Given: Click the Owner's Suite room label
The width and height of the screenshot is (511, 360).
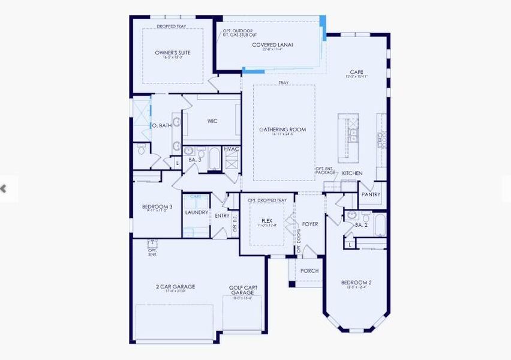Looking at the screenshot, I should point(169,53).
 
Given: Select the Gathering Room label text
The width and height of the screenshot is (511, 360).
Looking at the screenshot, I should point(282,129).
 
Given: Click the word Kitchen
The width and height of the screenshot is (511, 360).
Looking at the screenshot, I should point(352,173).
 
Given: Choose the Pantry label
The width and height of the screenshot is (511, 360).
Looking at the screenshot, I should point(371,194).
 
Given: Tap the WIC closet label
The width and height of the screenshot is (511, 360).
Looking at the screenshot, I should point(212,121).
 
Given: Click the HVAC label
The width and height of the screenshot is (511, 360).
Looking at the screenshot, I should point(232,149).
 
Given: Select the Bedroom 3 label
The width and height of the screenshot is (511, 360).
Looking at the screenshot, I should point(157,207).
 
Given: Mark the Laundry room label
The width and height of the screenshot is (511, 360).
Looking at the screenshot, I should point(197,212).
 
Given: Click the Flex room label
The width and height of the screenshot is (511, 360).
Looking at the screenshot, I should point(267,221).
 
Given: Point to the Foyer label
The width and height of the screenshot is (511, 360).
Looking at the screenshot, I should point(310,224).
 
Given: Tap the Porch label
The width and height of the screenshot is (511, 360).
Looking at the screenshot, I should point(309,271).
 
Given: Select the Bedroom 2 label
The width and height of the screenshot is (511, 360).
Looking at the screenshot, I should point(356,283).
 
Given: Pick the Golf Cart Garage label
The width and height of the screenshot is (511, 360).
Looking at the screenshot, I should point(243,290).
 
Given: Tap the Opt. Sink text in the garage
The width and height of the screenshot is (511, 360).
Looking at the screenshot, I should point(152,252).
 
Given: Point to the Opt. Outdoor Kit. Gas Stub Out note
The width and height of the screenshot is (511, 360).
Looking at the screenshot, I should point(238,33).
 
